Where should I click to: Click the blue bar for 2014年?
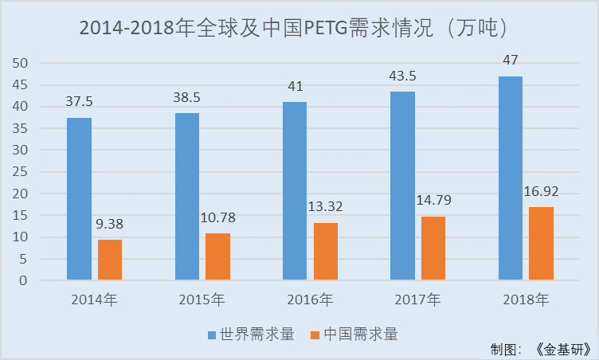coord(79,198)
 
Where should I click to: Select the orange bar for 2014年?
coord(110,259)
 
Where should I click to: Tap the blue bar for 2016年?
coord(295,190)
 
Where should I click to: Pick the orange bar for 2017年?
coord(433,248)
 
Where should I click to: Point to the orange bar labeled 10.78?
coord(217,256)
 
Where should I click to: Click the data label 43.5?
coord(402,76)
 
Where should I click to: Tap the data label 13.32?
coord(326,207)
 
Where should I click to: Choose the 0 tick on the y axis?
coord(24,280)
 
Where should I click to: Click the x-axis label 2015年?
coord(202,300)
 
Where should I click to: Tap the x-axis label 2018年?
coord(526,300)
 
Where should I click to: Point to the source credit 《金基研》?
coord(562,350)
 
